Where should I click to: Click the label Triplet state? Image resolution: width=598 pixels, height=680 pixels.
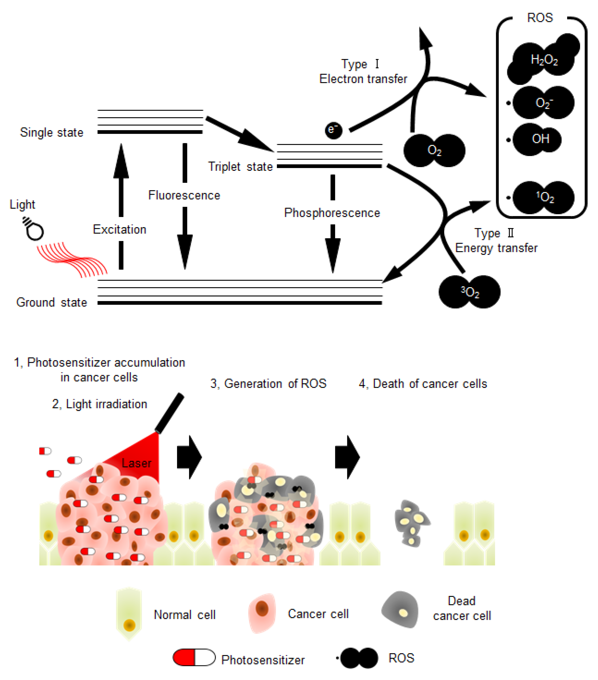[x=240, y=166]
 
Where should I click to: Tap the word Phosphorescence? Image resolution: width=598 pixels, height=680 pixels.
[x=332, y=213]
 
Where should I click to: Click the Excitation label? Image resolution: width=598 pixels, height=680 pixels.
[x=119, y=229]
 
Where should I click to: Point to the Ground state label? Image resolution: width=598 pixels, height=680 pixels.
[x=52, y=302]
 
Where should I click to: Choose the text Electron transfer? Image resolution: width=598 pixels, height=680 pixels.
[x=363, y=79]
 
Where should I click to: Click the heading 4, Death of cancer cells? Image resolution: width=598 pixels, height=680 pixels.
[x=423, y=383]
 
